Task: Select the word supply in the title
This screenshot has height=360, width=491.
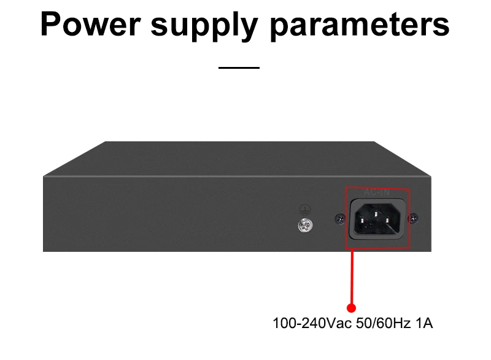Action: pyautogui.click(x=209, y=26)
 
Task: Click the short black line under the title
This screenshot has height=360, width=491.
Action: pyautogui.click(x=239, y=67)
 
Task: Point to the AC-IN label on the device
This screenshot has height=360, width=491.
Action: pyautogui.click(x=377, y=193)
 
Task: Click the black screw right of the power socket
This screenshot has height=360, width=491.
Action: pyautogui.click(x=414, y=217)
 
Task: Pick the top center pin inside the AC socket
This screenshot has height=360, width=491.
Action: pyautogui.click(x=377, y=210)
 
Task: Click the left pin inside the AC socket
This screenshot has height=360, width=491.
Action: pyautogui.click(x=363, y=218)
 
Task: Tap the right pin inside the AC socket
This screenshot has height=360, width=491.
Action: pyautogui.click(x=391, y=218)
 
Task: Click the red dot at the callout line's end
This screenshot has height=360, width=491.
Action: pyautogui.click(x=352, y=308)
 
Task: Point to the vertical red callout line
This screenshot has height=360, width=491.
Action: pyautogui.click(x=352, y=276)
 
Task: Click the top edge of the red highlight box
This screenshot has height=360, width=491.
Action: pyautogui.click(x=377, y=187)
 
